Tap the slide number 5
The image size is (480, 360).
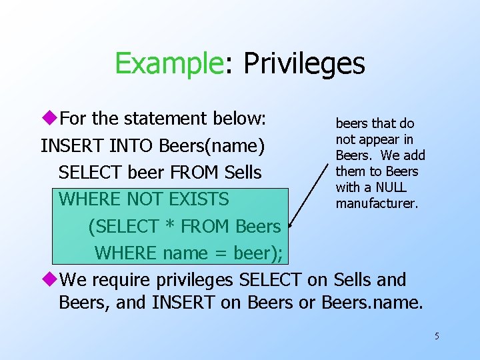click(x=437, y=336)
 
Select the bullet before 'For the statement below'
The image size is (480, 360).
click(x=49, y=119)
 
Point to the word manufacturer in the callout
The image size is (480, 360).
click(x=377, y=203)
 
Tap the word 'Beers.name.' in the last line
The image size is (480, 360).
click(x=372, y=302)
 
